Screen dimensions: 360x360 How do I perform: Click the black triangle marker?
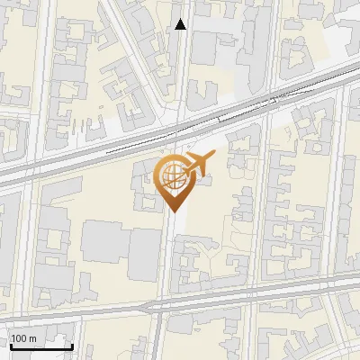181,24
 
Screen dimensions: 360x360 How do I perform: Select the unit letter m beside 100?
33,338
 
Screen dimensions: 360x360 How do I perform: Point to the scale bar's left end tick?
10,345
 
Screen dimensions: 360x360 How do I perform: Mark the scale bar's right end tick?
72,345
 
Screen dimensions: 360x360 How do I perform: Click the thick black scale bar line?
40,346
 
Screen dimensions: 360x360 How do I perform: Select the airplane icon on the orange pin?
195,165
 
